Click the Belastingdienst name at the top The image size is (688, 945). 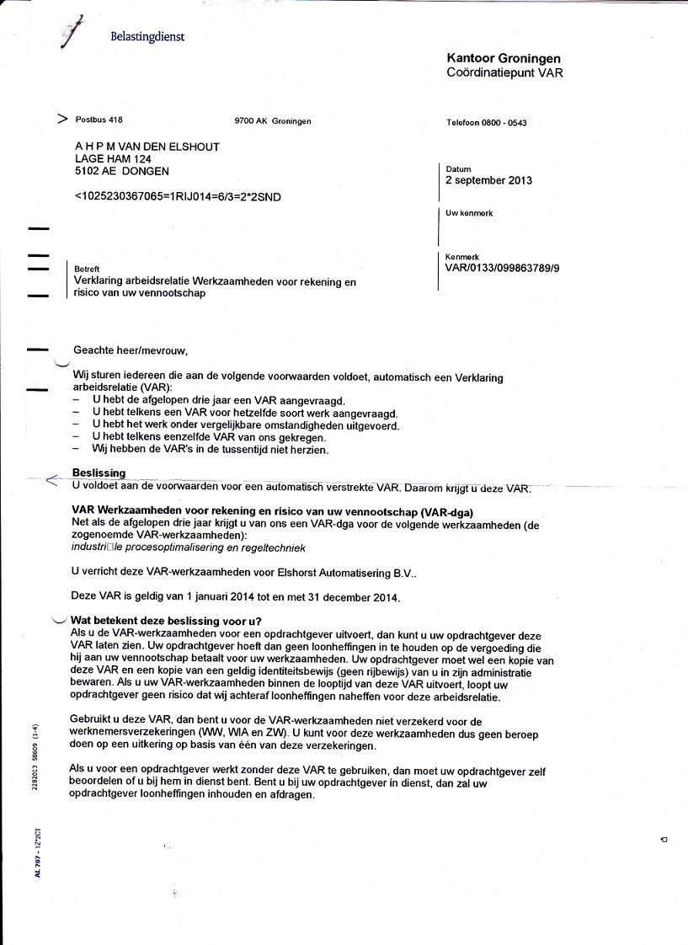pyautogui.click(x=147, y=37)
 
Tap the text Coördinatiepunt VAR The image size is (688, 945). pyautogui.click(x=504, y=73)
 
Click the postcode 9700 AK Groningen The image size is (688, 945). pyautogui.click(x=273, y=120)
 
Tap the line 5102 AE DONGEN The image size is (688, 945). pyautogui.click(x=121, y=170)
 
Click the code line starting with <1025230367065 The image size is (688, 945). pyautogui.click(x=178, y=197)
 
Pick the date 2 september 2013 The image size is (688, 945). pyautogui.click(x=488, y=180)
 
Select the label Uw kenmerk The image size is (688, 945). pyautogui.click(x=469, y=214)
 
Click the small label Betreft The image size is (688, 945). pyautogui.click(x=87, y=269)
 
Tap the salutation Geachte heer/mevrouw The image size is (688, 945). pyautogui.click(x=131, y=350)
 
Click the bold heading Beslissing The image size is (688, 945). pyautogui.click(x=99, y=473)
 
